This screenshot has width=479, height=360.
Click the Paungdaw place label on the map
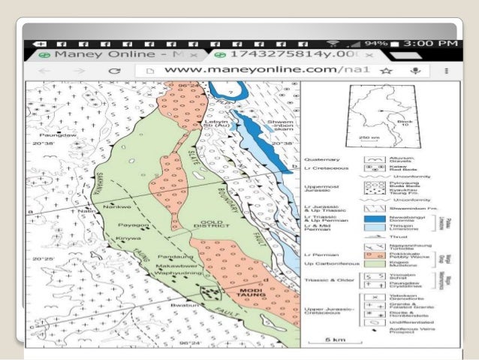tap(52, 138)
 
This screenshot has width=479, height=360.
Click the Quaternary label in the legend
tap(323, 159)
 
